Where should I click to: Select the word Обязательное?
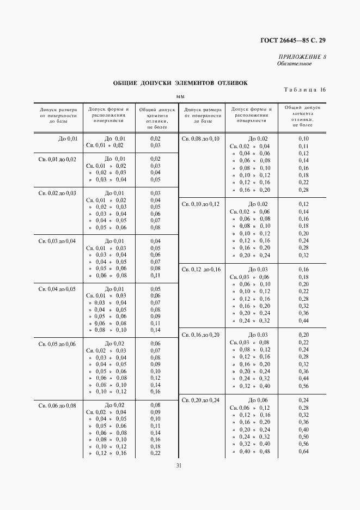(294, 64)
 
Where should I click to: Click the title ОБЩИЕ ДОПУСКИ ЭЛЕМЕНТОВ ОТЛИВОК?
(180, 83)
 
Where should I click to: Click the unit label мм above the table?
(180, 97)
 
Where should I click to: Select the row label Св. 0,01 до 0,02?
(57, 159)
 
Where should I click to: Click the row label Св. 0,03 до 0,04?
(57, 241)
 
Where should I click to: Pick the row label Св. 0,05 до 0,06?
(57, 344)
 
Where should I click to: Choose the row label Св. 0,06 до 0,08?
(57, 405)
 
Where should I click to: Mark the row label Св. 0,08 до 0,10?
(200, 139)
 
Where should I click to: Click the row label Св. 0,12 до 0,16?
(200, 270)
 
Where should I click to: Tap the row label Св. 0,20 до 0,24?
(200, 400)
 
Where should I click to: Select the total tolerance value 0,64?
(303, 452)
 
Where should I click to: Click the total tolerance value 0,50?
(303, 437)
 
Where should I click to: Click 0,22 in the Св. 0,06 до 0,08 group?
(155, 453)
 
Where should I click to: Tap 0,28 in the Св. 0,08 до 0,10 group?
(303, 190)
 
